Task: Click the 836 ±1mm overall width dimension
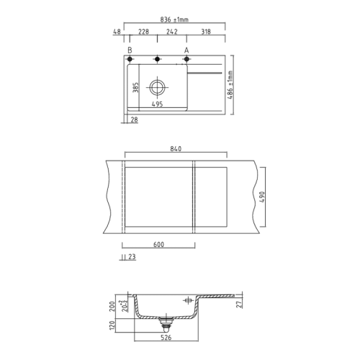coord(174,20)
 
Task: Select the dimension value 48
coord(116,32)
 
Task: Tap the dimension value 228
coord(143,32)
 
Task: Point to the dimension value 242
coord(172,32)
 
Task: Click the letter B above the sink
coord(130,50)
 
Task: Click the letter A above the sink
coord(186,50)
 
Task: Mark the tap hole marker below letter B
coord(130,59)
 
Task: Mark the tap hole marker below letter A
coord(186,59)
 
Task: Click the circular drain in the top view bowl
coord(157,88)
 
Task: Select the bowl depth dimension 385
coord(135,88)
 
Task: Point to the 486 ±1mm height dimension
coord(230,86)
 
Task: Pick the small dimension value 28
coord(135,120)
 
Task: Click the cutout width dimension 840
coord(176,149)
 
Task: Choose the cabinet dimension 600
coord(159,244)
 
